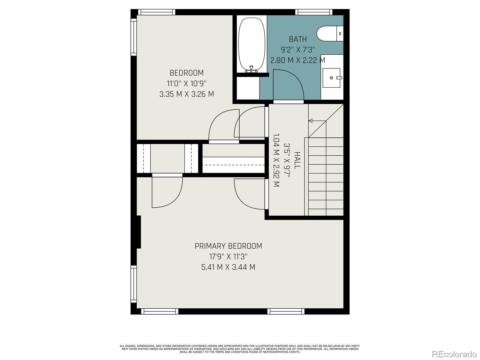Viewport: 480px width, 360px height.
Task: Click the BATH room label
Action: pyautogui.click(x=298, y=39)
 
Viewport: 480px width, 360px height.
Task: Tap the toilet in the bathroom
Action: pyautogui.click(x=330, y=33)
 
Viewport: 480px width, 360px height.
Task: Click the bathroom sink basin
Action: pyautogui.click(x=331, y=78)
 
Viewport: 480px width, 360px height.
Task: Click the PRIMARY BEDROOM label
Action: pyautogui.click(x=228, y=246)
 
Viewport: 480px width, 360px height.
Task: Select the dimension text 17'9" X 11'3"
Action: pyautogui.click(x=228, y=256)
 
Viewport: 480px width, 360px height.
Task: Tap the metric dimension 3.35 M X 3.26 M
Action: pyautogui.click(x=187, y=94)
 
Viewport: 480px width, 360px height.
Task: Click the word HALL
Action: pyautogui.click(x=297, y=160)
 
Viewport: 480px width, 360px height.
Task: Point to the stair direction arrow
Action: pyautogui.click(x=317, y=121)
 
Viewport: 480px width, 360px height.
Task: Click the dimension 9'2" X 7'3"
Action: pyautogui.click(x=298, y=49)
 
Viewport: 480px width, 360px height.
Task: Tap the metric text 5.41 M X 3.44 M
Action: pyautogui.click(x=228, y=267)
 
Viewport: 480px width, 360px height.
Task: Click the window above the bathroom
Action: pyautogui.click(x=314, y=12)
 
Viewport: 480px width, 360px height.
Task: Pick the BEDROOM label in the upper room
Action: pyautogui.click(x=187, y=73)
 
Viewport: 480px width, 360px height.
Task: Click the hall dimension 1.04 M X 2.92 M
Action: pyautogui.click(x=276, y=160)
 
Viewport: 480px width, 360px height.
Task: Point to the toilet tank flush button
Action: pyautogui.click(x=340, y=34)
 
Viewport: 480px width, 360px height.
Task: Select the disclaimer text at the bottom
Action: pyautogui.click(x=240, y=349)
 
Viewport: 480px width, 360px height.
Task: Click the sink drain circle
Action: pyautogui.click(x=331, y=78)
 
